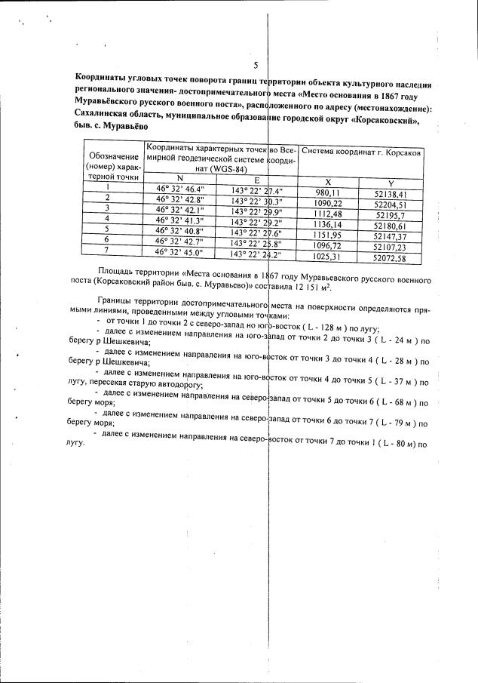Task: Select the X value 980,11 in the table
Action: click(329, 192)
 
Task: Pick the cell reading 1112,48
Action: click(329, 214)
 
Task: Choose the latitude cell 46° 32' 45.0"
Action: click(179, 252)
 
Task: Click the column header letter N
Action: click(179, 178)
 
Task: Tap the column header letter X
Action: click(327, 182)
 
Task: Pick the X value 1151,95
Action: click(329, 235)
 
